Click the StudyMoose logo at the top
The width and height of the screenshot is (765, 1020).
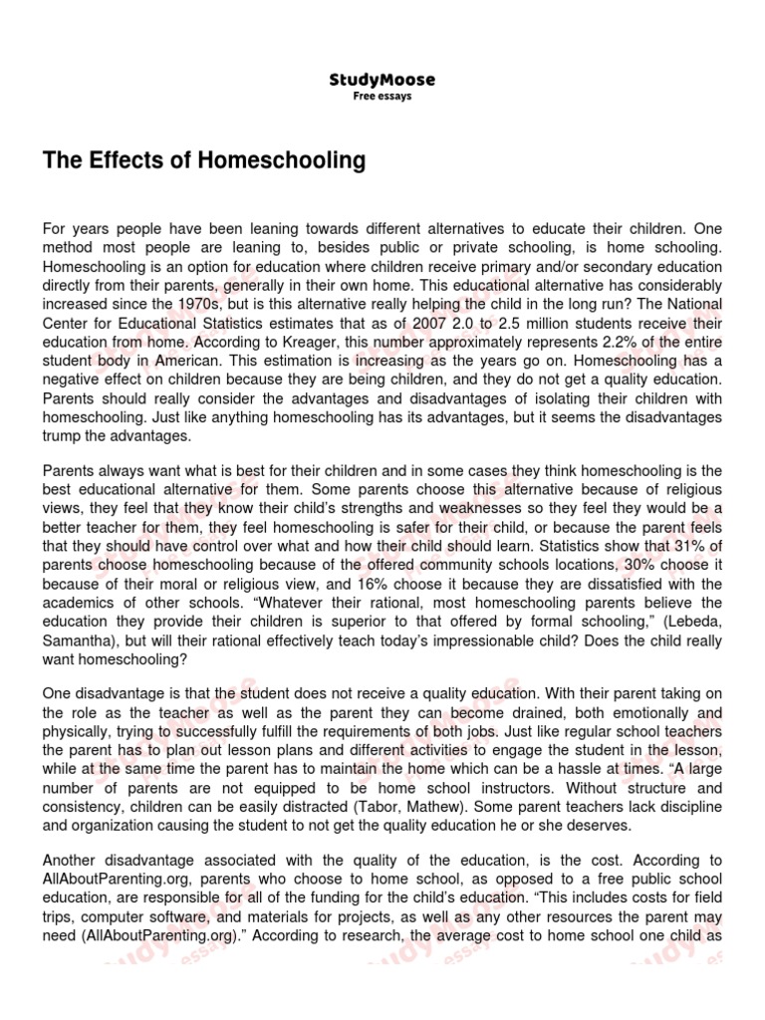pos(382,80)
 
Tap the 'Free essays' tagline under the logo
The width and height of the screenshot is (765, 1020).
pos(382,97)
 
